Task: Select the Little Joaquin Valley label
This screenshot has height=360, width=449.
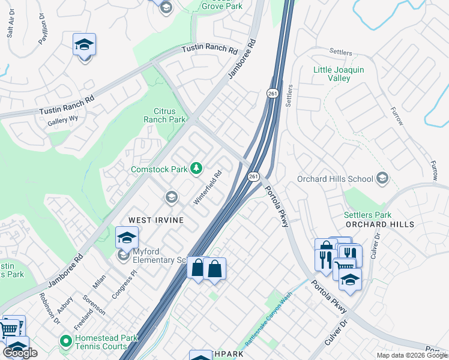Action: (339, 74)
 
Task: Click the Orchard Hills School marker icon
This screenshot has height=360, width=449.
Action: (382, 178)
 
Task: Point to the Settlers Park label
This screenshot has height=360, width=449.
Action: (367, 215)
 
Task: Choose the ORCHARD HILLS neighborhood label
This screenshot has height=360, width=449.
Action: (380, 224)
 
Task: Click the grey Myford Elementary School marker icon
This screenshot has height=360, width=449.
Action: (124, 256)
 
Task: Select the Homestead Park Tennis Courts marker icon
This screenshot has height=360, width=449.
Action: (65, 342)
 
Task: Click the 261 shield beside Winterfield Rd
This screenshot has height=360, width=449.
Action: (253, 176)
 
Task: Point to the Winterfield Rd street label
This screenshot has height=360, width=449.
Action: (208, 187)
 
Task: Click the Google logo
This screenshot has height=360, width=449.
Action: (20, 352)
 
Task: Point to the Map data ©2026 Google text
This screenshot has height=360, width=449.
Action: (411, 355)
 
